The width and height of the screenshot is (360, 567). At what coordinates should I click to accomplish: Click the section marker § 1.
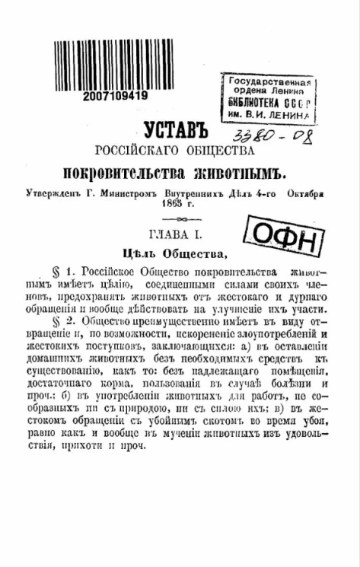tap(59, 272)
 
